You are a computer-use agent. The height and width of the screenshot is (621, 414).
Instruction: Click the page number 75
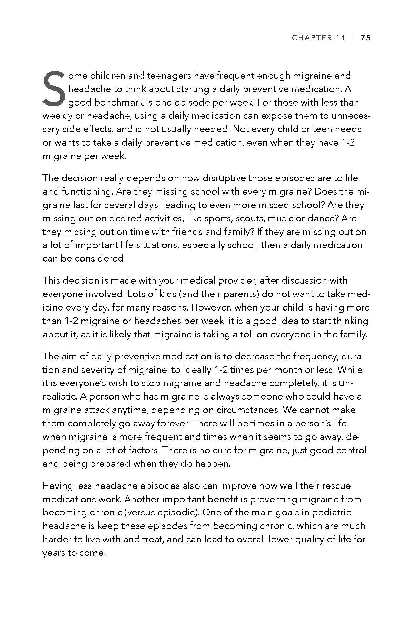pyautogui.click(x=365, y=38)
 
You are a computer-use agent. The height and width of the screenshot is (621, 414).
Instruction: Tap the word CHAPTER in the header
pyautogui.click(x=312, y=38)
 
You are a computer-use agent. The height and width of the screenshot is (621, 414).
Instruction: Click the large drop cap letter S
pyautogui.click(x=54, y=89)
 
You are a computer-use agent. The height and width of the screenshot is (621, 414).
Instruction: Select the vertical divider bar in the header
pyautogui.click(x=353, y=38)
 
